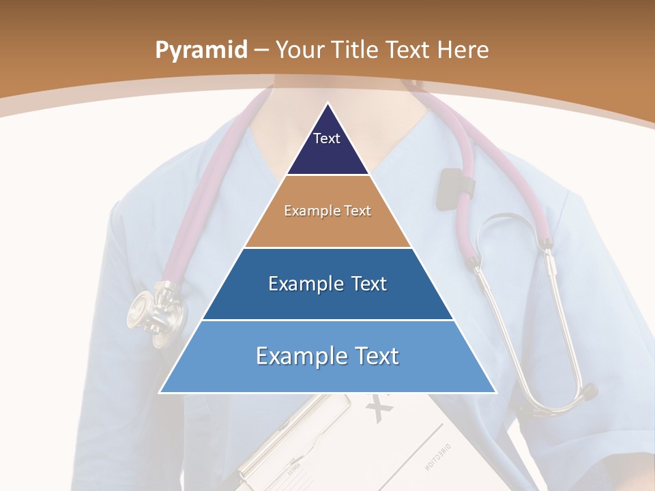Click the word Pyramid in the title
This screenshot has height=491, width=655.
(201, 50)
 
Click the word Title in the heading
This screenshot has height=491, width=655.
(355, 50)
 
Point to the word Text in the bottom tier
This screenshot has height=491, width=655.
(372, 356)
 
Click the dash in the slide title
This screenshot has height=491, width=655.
(261, 50)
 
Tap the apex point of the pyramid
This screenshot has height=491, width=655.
(327, 104)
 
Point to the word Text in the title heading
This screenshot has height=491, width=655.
(409, 50)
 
